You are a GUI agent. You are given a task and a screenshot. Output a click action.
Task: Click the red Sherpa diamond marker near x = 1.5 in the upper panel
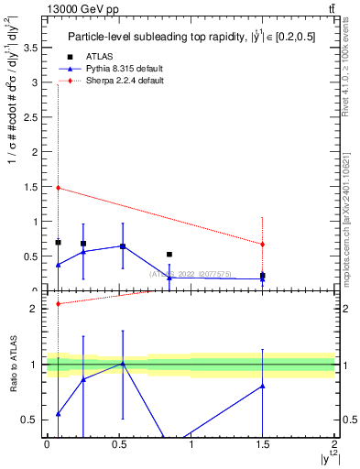[x=263, y=245]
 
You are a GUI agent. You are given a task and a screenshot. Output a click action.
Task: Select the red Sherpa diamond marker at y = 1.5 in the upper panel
[x=58, y=188]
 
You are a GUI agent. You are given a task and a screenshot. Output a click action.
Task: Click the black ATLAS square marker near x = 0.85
[x=169, y=254]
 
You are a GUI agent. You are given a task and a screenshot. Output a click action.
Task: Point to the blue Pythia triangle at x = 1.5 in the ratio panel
[x=263, y=387]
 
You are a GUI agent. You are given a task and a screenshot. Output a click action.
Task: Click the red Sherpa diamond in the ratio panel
[x=58, y=304]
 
